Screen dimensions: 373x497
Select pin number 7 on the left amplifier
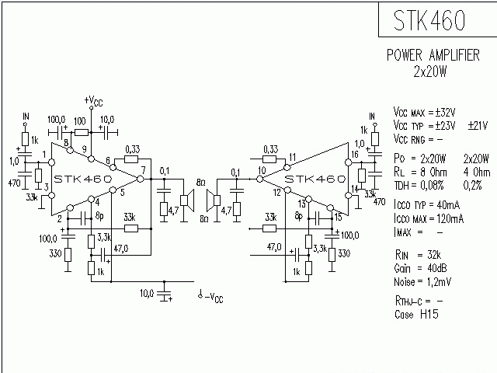tap(143, 170)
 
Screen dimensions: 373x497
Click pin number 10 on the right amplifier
tap(262, 170)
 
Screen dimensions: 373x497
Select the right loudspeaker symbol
tap(211, 200)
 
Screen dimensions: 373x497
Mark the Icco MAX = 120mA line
tap(429, 220)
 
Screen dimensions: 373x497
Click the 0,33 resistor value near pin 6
tap(132, 149)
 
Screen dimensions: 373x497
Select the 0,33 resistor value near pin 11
tap(271, 148)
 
